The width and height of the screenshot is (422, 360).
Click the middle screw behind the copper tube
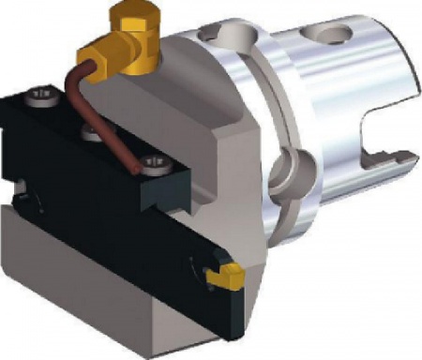click(x=90, y=134)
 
